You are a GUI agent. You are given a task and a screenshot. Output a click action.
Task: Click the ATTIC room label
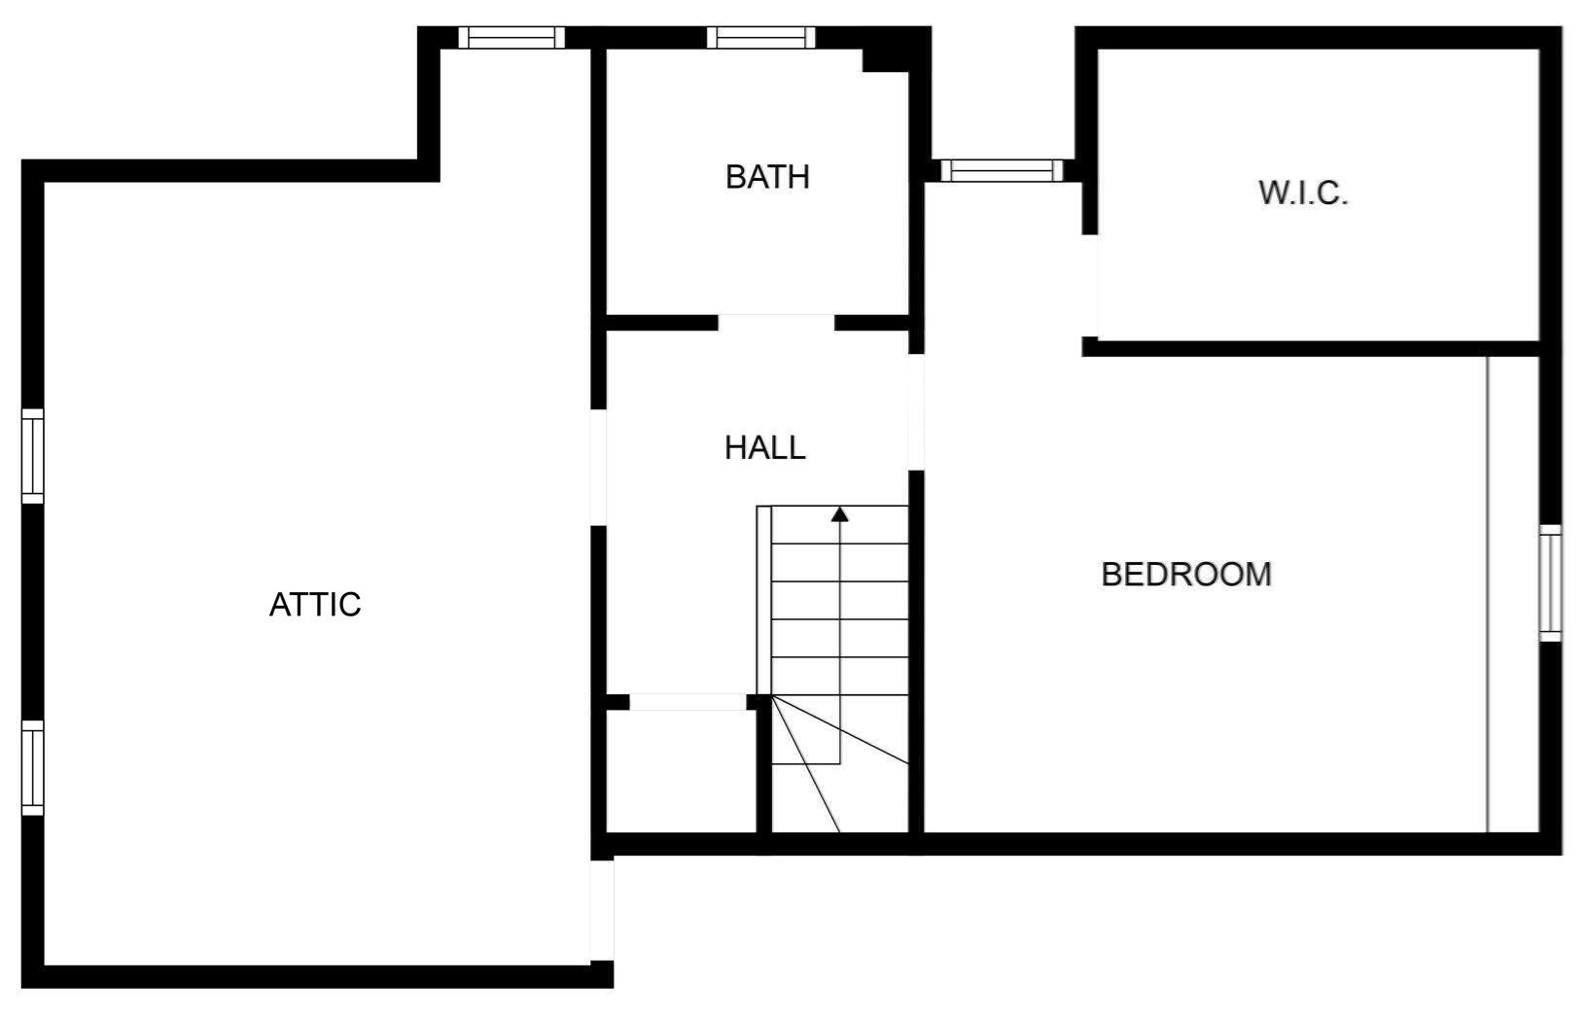tap(315, 605)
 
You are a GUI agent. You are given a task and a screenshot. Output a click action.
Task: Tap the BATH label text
tap(767, 177)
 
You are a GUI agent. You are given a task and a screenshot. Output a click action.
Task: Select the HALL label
tap(764, 447)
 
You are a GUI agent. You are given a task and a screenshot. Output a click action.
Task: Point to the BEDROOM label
tap(1186, 574)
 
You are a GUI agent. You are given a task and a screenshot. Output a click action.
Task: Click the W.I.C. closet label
tap(1303, 193)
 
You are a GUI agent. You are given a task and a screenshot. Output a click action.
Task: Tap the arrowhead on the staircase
tap(840, 514)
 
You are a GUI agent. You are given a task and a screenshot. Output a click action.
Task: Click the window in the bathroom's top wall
tap(760, 38)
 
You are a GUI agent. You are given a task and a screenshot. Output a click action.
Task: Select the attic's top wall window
tap(511, 38)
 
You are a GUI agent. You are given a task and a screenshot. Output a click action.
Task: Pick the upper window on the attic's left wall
tap(32, 456)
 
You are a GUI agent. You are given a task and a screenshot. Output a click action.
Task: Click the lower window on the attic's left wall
tap(32, 768)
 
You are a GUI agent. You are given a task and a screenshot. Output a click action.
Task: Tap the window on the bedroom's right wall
tap(1551, 583)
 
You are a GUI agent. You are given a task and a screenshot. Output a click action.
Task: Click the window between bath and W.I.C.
tap(1002, 170)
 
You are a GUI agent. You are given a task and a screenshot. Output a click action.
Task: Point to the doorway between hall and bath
tap(776, 323)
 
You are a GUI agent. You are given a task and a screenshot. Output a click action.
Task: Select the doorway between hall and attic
tap(598, 468)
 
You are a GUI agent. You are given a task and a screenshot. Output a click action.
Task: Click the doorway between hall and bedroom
tap(916, 412)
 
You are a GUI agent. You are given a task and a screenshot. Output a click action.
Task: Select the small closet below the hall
tap(682, 772)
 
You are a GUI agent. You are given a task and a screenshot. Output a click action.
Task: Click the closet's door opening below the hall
tap(687, 702)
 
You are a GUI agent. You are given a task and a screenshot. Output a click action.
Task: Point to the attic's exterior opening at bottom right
tap(602, 910)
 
